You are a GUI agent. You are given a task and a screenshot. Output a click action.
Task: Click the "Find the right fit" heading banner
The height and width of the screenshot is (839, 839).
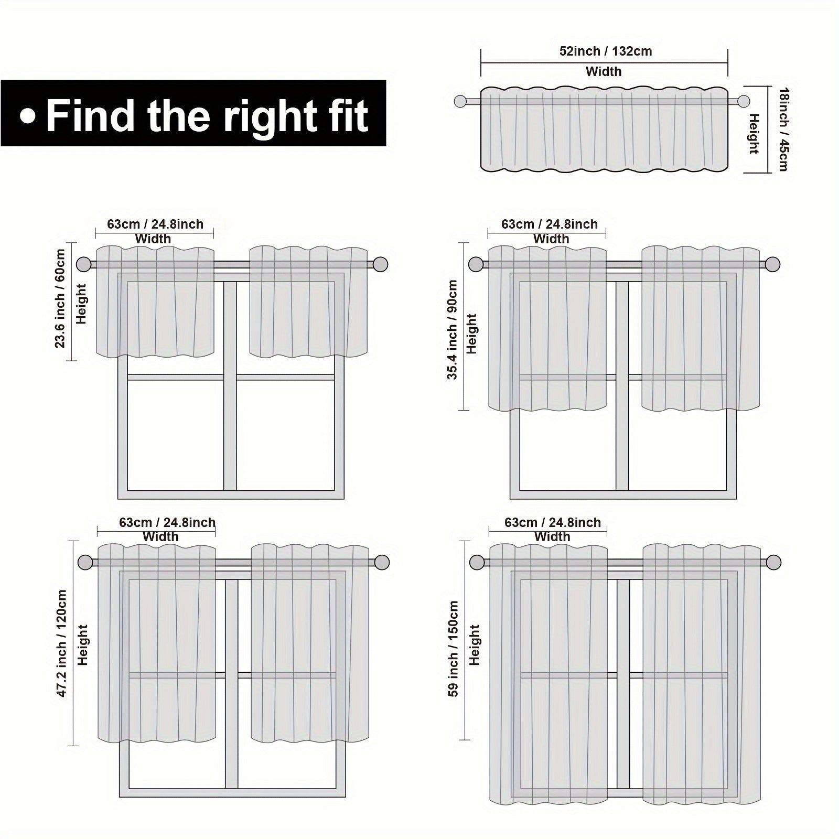click(193, 113)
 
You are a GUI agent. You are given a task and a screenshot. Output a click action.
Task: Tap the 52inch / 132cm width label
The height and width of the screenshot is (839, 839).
click(605, 51)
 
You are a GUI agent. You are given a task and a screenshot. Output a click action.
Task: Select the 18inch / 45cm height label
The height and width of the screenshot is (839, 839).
click(783, 129)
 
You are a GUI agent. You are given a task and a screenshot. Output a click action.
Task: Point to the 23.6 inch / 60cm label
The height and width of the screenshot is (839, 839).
click(60, 298)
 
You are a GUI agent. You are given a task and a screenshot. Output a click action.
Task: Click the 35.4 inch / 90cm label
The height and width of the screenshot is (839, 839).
click(452, 330)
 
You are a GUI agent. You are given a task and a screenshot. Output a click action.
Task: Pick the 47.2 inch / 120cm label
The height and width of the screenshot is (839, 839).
click(61, 643)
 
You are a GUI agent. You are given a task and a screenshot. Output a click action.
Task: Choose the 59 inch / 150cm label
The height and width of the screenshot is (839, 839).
click(454, 649)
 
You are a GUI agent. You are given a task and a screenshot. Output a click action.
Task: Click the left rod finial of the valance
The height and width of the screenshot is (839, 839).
click(461, 102)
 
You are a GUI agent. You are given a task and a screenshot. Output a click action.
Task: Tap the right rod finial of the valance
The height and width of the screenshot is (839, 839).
click(743, 102)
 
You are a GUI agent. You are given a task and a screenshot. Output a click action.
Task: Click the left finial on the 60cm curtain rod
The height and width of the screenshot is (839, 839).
click(84, 264)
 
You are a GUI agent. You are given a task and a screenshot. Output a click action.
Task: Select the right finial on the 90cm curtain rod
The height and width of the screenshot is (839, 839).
click(772, 264)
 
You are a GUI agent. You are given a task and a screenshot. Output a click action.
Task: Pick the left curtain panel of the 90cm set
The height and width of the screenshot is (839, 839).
click(547, 329)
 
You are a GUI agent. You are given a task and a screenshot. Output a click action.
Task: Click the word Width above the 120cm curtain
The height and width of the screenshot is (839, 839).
click(160, 536)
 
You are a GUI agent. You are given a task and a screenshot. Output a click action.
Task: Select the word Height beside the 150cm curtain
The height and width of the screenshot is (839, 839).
click(475, 645)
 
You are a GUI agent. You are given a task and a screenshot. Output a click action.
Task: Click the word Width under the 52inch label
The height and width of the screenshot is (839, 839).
click(604, 71)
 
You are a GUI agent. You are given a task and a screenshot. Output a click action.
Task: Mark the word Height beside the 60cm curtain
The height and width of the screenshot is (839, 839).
click(81, 304)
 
